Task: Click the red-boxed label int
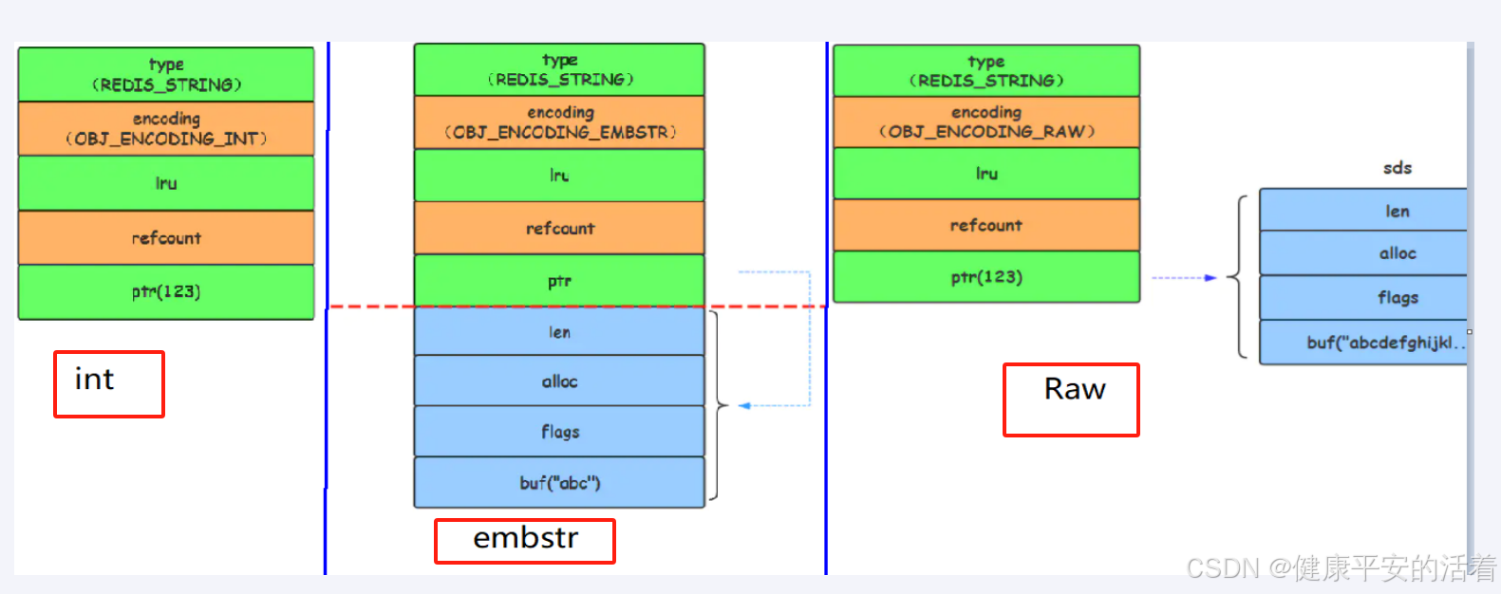108,383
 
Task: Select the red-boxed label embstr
524,540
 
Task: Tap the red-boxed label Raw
1071,399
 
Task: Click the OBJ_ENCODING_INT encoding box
166,129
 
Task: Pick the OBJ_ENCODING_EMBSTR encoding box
559,122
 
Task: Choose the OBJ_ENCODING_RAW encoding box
985,122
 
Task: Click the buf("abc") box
559,483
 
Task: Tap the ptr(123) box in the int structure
166,291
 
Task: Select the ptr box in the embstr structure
559,281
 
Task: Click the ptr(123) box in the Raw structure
985,277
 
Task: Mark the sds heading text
1397,168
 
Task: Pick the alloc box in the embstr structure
559,381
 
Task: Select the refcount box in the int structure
166,238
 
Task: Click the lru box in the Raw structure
985,174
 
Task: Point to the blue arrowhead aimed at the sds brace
1210,278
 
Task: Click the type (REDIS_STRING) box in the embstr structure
559,69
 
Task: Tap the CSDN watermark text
1340,568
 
